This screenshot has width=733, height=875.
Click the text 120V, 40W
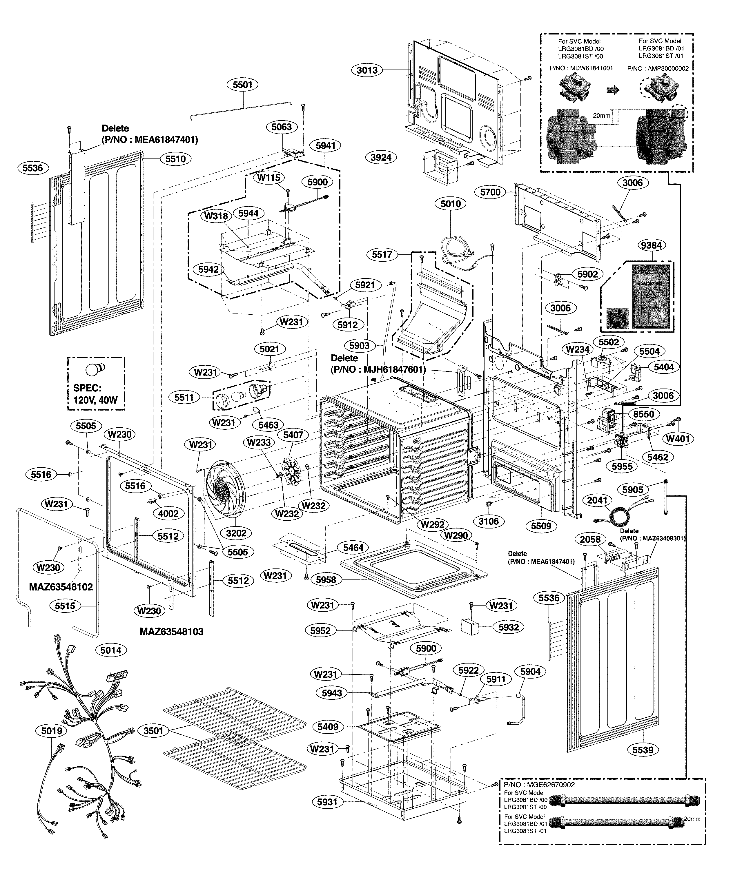95,400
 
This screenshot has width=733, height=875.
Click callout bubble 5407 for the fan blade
293,435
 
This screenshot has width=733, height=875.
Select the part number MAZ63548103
171,632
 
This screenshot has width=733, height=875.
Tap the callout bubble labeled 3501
153,731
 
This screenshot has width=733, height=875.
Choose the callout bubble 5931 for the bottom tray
327,802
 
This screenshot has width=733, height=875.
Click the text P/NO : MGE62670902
539,785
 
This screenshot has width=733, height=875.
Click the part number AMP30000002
658,68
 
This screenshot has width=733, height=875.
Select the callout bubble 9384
651,245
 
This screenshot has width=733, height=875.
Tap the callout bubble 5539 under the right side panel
643,750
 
